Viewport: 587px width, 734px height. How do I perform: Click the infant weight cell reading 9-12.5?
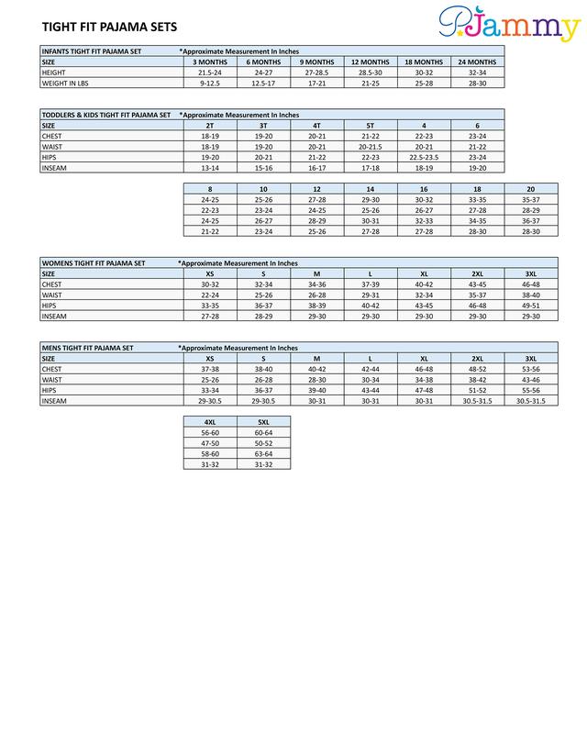pyautogui.click(x=209, y=82)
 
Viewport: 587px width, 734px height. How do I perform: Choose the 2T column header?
pyautogui.click(x=209, y=125)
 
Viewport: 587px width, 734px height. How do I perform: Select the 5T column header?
pyautogui.click(x=371, y=125)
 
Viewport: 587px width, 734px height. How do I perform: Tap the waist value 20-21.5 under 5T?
pyautogui.click(x=371, y=146)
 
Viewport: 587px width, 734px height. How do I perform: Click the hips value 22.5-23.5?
pyautogui.click(x=424, y=157)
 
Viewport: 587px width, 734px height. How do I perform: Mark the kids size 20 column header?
pyautogui.click(x=531, y=188)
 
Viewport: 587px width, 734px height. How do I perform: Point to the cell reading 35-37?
pyautogui.click(x=531, y=199)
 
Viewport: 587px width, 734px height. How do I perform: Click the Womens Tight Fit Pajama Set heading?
pyautogui.click(x=94, y=262)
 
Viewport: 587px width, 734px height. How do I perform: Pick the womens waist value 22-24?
pyautogui.click(x=209, y=295)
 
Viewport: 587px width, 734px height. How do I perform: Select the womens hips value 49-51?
pyautogui.click(x=531, y=306)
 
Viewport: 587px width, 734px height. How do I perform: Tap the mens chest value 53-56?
pyautogui.click(x=531, y=369)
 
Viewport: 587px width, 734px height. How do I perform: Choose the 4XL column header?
pyautogui.click(x=209, y=421)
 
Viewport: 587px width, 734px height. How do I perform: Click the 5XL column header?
pyautogui.click(x=263, y=421)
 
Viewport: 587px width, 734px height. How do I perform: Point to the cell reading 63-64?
pyautogui.click(x=263, y=452)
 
